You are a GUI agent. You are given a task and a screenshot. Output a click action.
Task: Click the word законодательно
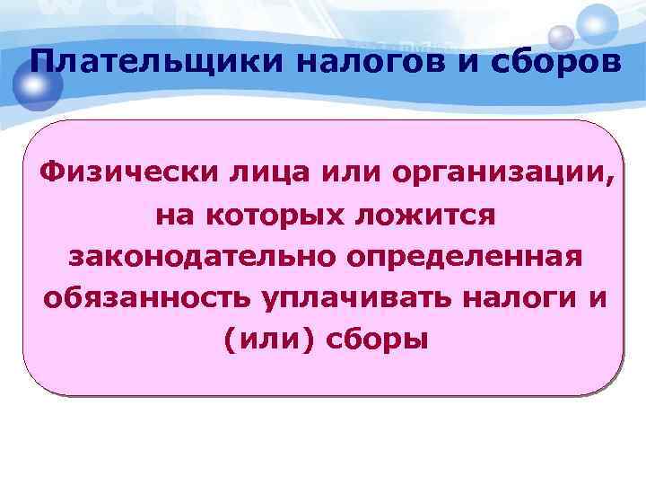[202, 256]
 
